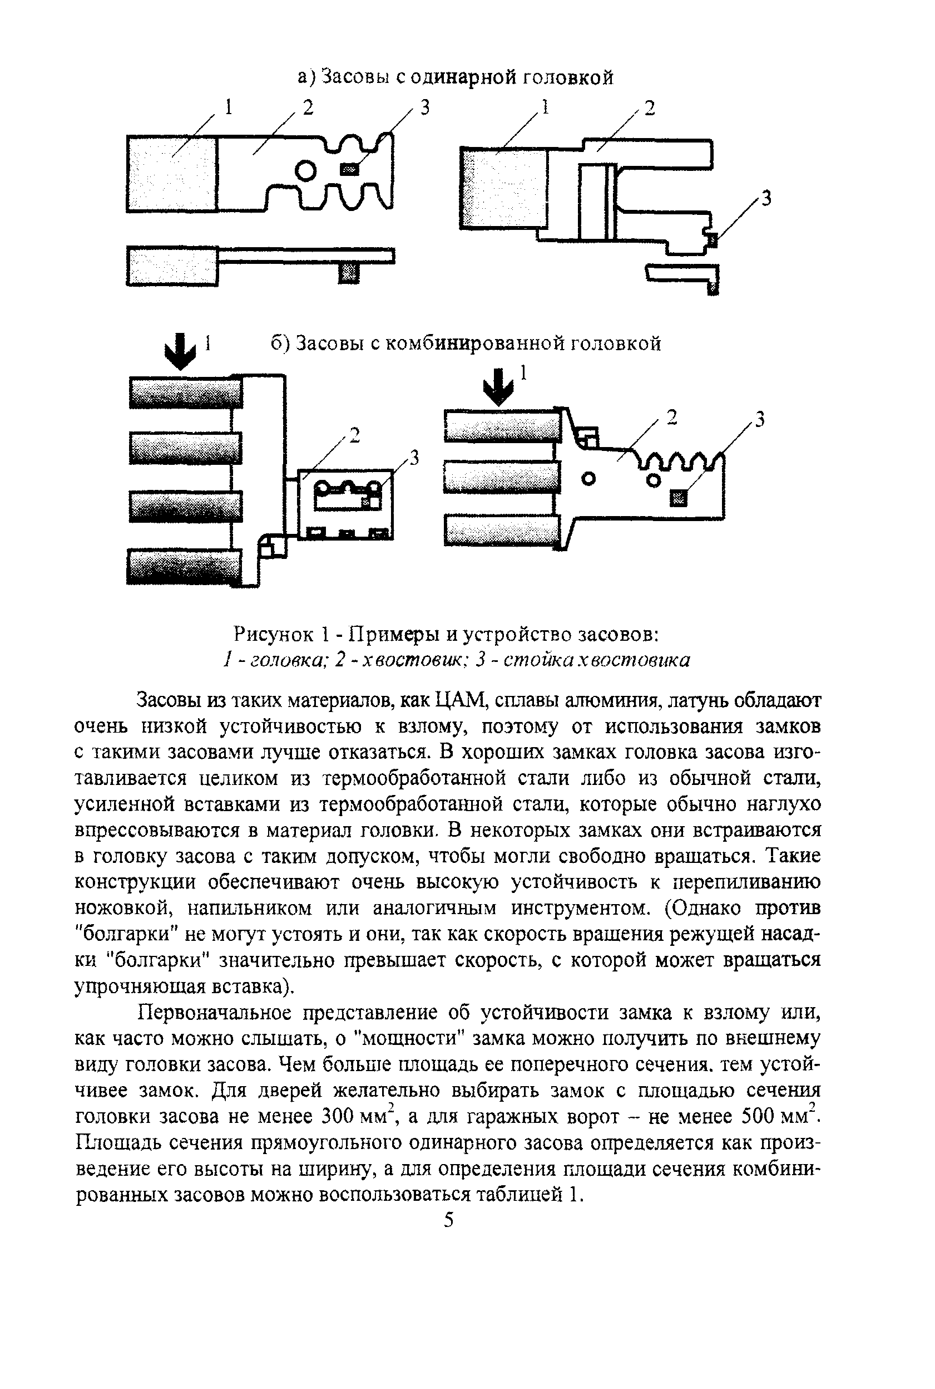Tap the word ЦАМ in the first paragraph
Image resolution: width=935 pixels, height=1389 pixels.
tap(462, 700)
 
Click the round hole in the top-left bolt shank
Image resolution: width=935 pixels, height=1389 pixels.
tap(305, 171)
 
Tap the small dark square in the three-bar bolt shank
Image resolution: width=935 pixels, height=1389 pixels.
tap(679, 497)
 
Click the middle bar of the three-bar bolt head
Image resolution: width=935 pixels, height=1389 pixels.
tap(502, 477)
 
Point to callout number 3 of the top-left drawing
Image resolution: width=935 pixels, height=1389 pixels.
tap(424, 108)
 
